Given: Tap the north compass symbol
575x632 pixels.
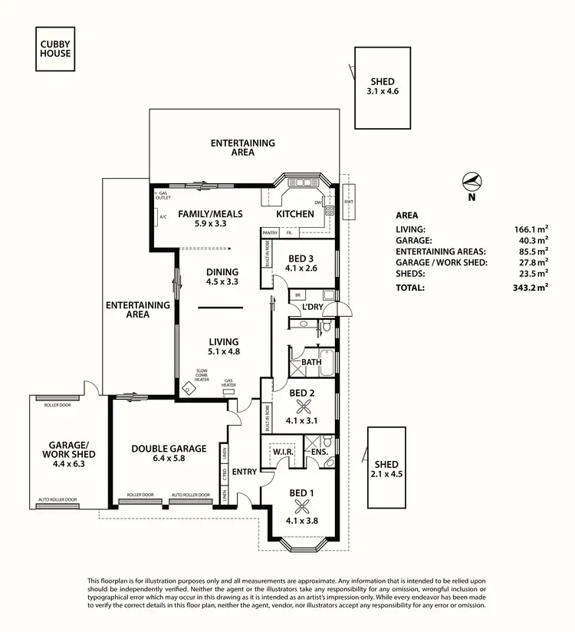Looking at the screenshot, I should click(472, 181).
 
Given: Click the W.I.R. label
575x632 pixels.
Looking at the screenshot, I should click(284, 452).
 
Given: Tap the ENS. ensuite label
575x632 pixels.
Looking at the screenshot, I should click(320, 452).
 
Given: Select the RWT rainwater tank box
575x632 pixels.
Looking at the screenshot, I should click(349, 202).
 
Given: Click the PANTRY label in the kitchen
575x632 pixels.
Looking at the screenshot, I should click(270, 232).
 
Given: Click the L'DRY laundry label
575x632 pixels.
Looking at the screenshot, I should click(313, 307).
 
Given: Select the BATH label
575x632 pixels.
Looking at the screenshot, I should click(310, 361).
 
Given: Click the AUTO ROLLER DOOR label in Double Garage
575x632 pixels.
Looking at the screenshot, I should click(190, 495).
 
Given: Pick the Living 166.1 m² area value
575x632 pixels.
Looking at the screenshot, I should click(531, 229).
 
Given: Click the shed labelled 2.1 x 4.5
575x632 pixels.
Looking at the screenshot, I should click(386, 468).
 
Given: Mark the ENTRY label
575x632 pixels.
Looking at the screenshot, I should click(245, 472).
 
